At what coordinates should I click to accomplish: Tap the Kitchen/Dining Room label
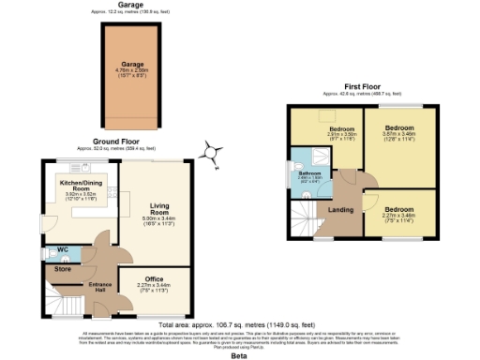point(80,183)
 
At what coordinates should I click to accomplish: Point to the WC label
point(63,249)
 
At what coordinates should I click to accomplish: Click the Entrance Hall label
point(99,285)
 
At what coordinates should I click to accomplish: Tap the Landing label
point(341,210)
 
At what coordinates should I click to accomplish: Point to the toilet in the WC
point(49,253)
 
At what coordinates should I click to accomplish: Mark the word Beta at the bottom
point(239,356)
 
